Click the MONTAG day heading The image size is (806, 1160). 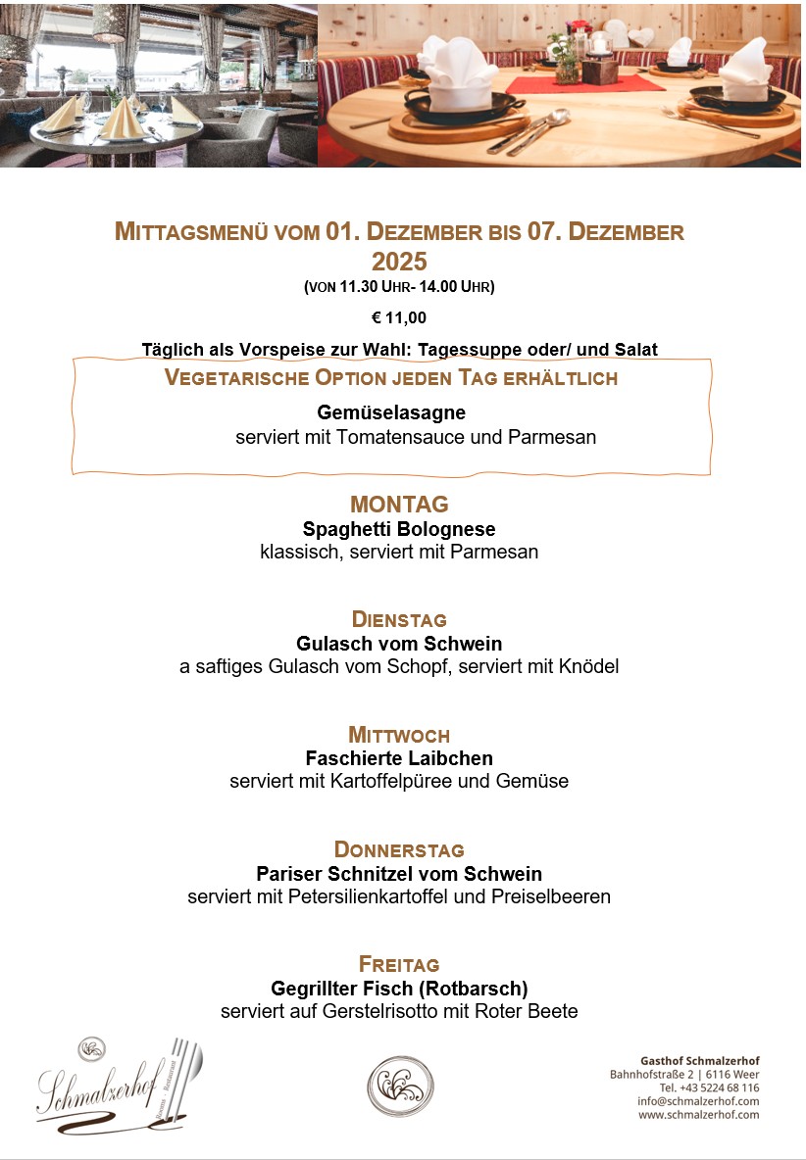pos(399,505)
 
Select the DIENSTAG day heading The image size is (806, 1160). pos(399,620)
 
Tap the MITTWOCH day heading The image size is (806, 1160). pos(399,735)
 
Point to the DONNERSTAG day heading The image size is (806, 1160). pos(399,849)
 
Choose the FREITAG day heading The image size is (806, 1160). pos(399,964)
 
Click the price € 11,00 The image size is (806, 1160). pos(399,317)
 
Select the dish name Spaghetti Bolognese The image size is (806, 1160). pos(399,529)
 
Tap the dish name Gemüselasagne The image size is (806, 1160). pos(391,412)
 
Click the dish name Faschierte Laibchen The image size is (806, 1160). pos(399,758)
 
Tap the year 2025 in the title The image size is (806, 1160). pos(399,262)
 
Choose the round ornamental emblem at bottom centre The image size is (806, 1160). pos(400,1087)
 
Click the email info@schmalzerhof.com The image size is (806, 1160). pos(698,1101)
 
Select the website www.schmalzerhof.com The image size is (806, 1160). pos(698,1115)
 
